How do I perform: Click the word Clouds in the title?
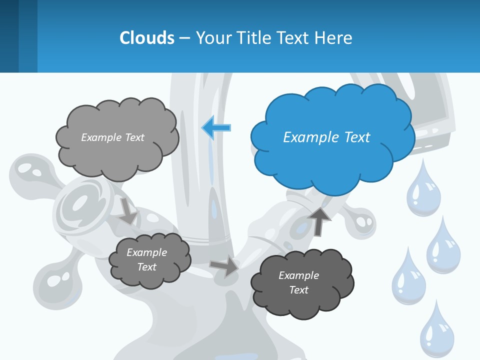pyautogui.click(x=146, y=38)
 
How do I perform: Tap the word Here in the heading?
pyautogui.click(x=334, y=38)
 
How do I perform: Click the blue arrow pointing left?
pyautogui.click(x=216, y=128)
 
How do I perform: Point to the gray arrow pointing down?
pyautogui.click(x=128, y=210)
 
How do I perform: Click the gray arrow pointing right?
pyautogui.click(x=224, y=266)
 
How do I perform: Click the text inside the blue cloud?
pyautogui.click(x=326, y=137)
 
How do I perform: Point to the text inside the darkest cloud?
pyautogui.click(x=298, y=282)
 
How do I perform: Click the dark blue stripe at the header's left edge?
pyautogui.click(x=9, y=36)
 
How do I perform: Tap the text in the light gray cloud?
pyautogui.click(x=112, y=137)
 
